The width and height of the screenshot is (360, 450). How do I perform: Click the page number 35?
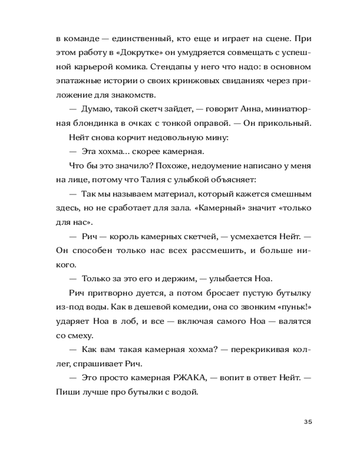pyautogui.click(x=308, y=422)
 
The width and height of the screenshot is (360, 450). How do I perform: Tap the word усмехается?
pyautogui.click(x=246, y=237)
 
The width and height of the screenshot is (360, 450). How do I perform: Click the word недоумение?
pyautogui.click(x=202, y=165)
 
